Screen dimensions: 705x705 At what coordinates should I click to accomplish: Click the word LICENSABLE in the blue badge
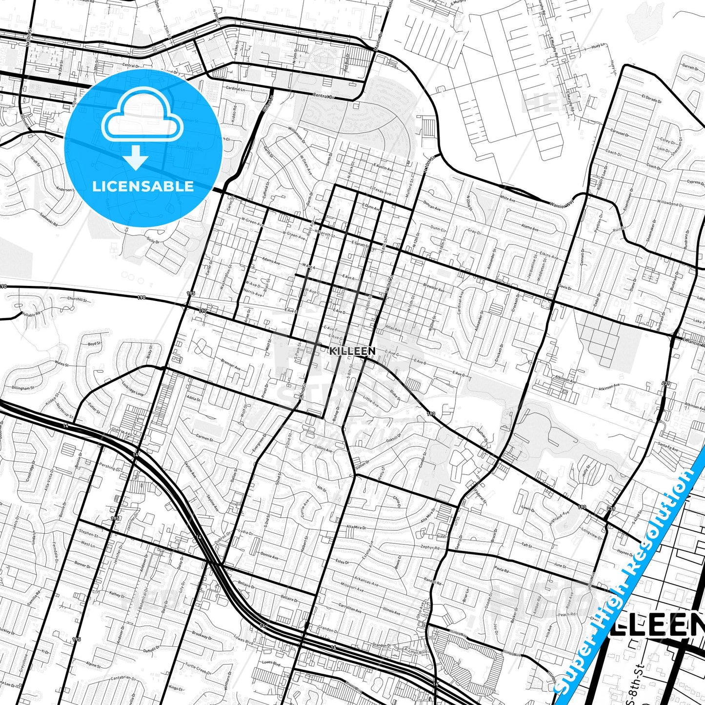coord(143,186)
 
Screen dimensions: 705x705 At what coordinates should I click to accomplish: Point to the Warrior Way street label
coord(563,204)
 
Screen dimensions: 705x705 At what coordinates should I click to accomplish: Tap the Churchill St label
coord(77,299)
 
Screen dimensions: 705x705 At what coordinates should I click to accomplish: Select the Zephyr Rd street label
coord(429,547)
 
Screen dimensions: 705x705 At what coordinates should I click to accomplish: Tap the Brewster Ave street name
coord(434,288)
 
